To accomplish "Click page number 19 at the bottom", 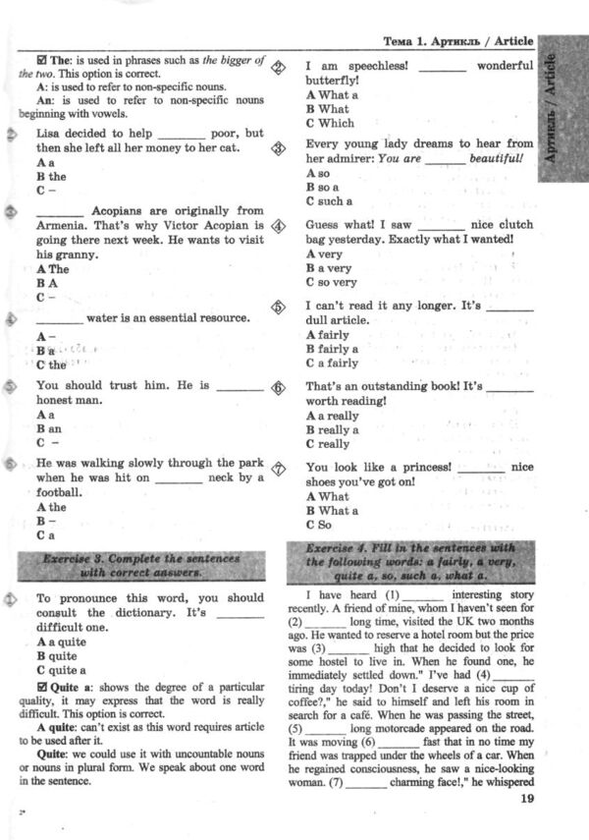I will (x=523, y=798).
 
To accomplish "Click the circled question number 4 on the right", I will (x=279, y=226).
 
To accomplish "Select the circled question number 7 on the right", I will (x=279, y=469).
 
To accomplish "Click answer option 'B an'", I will (x=48, y=429).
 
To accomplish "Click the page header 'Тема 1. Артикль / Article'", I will (x=457, y=41).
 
